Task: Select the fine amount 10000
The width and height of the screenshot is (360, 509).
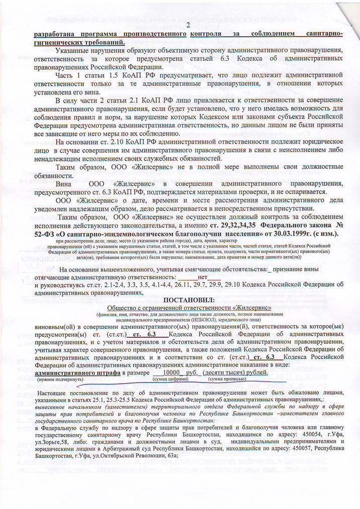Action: tap(172, 373)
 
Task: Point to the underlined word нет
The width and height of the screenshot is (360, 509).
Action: tap(203, 277)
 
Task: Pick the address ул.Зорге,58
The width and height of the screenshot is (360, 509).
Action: tap(54, 442)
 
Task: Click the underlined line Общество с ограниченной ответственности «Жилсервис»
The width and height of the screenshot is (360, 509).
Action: tap(190, 307)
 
